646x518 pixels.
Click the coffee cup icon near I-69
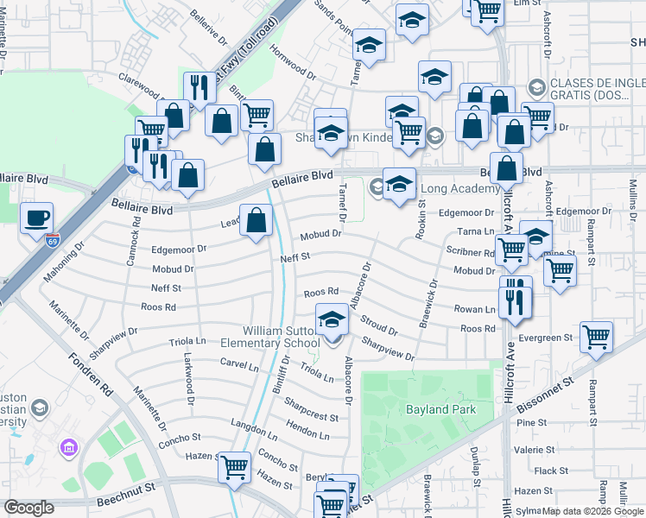pos(35,218)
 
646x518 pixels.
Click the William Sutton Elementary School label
pos(281,338)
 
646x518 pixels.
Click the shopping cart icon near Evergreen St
pos(596,337)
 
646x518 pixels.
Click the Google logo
pos(28,508)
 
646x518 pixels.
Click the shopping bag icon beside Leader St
pos(256,221)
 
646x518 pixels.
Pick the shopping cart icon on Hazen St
pos(234,468)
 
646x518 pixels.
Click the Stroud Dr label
pos(380,325)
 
